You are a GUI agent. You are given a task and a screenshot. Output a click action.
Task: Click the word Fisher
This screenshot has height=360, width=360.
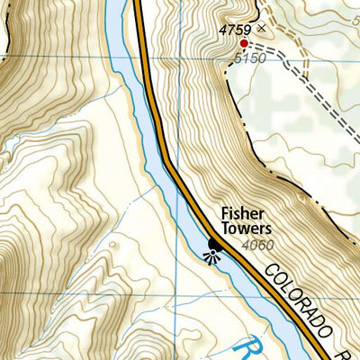239,215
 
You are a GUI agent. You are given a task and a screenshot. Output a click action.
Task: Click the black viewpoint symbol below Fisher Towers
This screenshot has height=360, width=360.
214,246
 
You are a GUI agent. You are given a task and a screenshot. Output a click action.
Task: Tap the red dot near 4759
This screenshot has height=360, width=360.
243,42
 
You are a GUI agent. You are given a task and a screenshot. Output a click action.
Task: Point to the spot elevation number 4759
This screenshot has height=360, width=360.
235,30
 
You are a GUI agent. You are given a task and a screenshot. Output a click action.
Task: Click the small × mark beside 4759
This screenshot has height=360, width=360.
262,29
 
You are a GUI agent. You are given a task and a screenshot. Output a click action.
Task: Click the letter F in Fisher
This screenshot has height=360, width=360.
224,215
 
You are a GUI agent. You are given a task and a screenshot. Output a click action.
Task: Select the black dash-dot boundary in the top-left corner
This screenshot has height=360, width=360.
11,27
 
